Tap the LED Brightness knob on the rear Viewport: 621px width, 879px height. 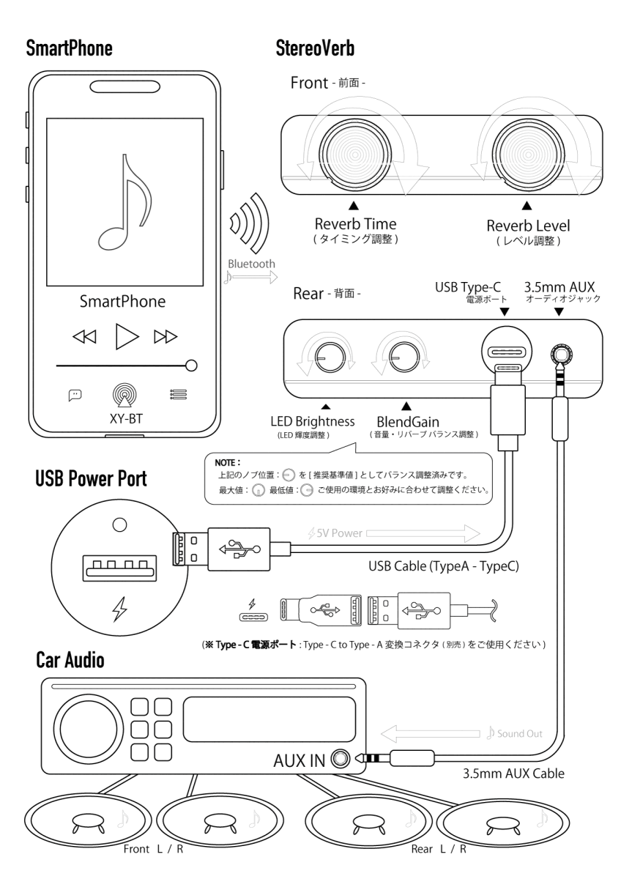325,357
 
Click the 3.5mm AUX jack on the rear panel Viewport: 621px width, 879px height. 560,355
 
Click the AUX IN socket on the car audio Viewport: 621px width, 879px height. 340,757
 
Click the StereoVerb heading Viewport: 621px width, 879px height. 316,50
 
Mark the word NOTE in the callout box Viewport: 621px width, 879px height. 224,464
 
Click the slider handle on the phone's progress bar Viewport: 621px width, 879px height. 192,364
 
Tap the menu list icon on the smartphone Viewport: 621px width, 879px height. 178,394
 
